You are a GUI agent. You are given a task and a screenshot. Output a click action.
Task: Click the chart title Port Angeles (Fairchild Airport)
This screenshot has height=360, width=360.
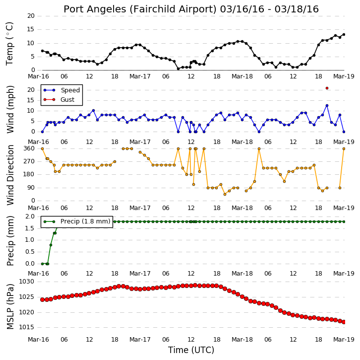140,9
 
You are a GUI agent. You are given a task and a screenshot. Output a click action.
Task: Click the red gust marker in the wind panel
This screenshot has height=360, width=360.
327,88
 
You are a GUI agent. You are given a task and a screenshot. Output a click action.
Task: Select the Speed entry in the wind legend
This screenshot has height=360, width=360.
61,90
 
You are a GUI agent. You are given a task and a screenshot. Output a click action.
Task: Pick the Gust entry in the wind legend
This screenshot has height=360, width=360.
59,99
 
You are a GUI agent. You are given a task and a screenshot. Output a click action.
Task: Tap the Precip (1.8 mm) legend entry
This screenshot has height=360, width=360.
77,221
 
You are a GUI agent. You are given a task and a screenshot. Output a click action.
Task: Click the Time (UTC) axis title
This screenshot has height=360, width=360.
191,350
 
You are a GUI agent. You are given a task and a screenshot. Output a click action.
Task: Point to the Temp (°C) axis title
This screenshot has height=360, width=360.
9,44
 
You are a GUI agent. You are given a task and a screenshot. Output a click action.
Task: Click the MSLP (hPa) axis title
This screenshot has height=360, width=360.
10,306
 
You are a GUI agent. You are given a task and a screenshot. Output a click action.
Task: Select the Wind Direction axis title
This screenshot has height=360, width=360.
10,175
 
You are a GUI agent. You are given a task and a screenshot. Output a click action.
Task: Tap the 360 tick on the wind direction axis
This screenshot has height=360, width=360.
29,148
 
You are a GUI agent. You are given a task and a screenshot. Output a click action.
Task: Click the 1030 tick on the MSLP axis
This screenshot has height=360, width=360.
26,282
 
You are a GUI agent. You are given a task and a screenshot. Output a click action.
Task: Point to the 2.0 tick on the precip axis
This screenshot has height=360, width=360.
30,216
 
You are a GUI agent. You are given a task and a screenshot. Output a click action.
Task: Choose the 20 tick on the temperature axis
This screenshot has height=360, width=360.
31,16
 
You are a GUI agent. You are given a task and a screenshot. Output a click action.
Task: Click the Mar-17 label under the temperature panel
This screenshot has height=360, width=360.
140,76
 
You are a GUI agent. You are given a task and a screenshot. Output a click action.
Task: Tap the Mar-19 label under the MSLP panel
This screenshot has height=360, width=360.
344,340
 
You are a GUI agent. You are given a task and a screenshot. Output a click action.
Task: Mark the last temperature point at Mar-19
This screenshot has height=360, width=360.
344,34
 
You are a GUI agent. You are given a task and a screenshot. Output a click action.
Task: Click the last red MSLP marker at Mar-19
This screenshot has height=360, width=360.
344,322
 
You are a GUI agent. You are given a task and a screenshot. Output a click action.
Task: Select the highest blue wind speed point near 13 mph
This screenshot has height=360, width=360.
327,105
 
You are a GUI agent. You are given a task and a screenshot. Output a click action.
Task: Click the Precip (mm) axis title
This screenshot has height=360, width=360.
10,241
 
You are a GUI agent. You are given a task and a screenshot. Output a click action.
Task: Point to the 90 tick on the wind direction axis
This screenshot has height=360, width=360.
31,188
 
